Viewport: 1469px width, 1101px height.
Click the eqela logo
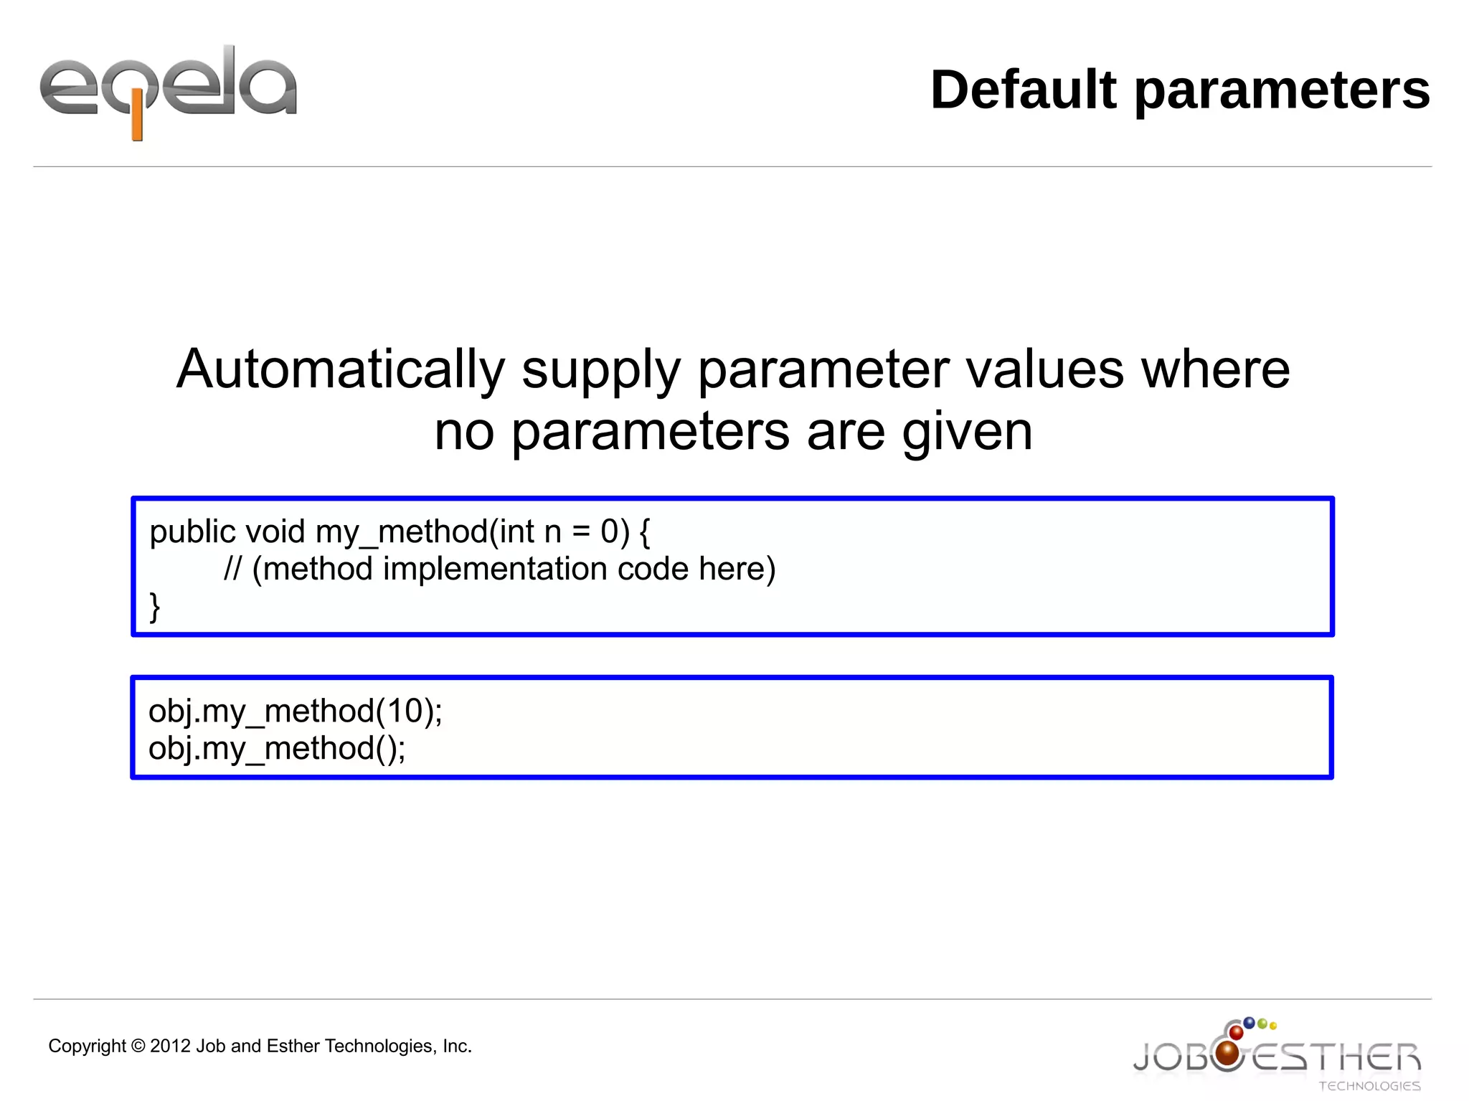[x=168, y=90]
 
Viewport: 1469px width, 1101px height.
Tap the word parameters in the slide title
[x=1282, y=91]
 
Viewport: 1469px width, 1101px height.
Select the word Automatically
[x=341, y=369]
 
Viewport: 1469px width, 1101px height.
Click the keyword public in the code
[x=192, y=532]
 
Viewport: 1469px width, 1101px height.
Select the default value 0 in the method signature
[x=610, y=531]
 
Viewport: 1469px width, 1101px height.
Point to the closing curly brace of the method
[x=154, y=607]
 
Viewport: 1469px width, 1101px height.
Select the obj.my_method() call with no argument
[x=277, y=749]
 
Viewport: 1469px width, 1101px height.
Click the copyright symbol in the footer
[x=138, y=1046]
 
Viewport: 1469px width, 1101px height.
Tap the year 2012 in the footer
[x=171, y=1046]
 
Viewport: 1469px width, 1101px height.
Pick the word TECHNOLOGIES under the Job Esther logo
[x=1369, y=1086]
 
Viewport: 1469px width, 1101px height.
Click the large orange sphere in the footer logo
[x=1228, y=1053]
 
